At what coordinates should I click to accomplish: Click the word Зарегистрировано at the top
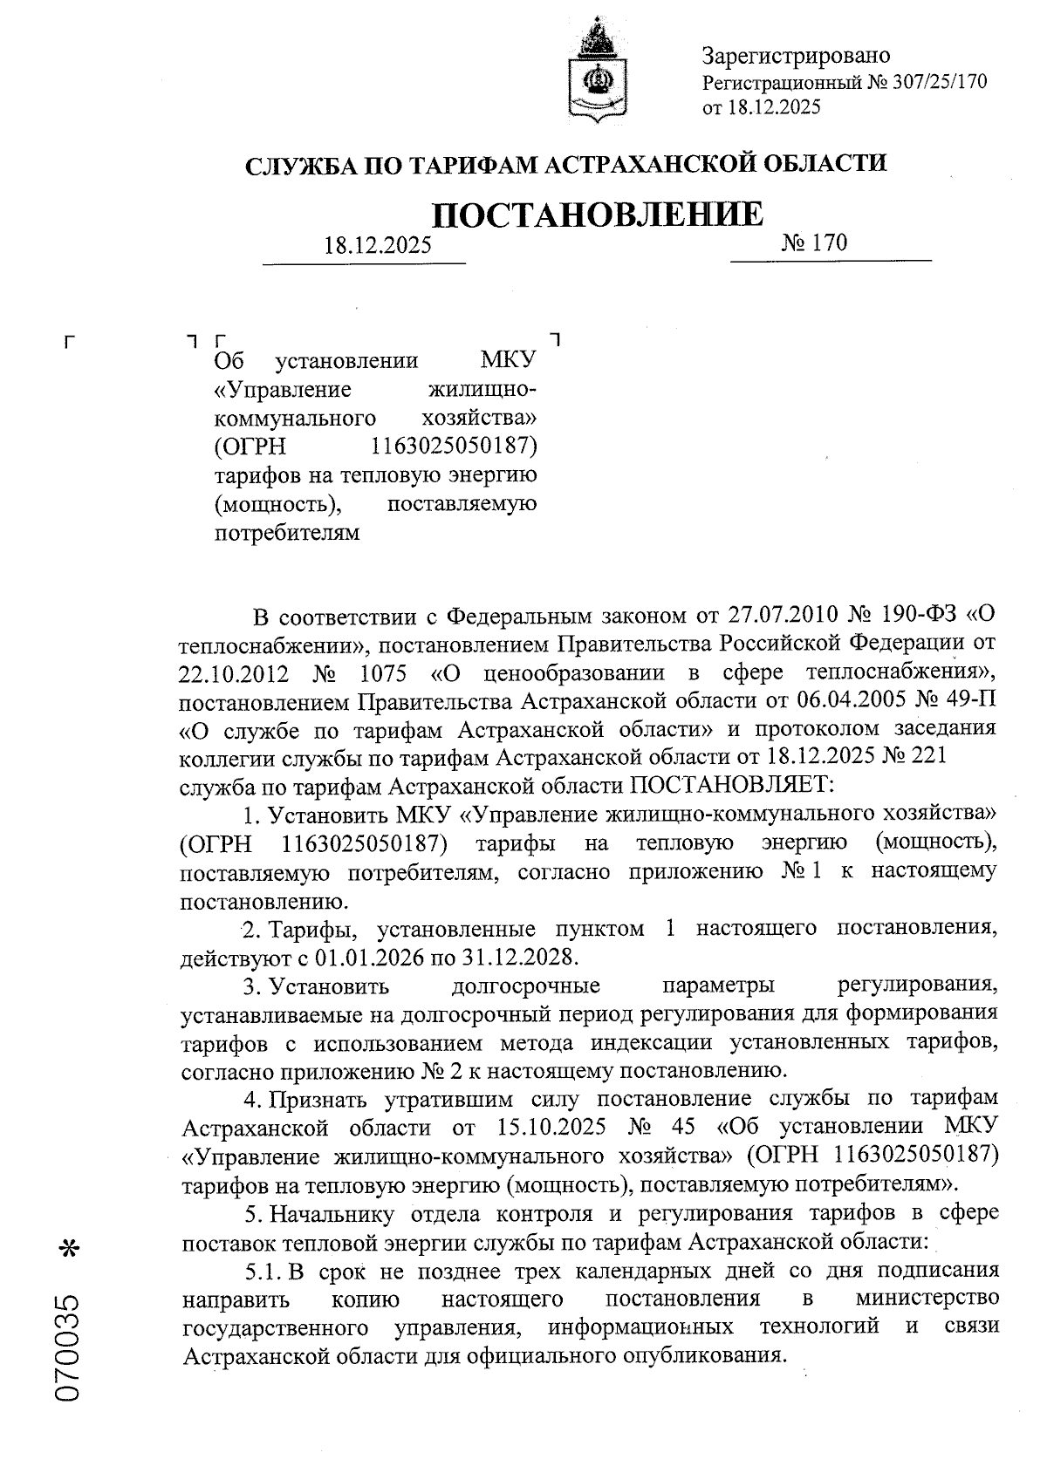pos(796,57)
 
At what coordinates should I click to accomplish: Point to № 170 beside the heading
pos(815,242)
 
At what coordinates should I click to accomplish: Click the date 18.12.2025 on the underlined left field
pos(377,245)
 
